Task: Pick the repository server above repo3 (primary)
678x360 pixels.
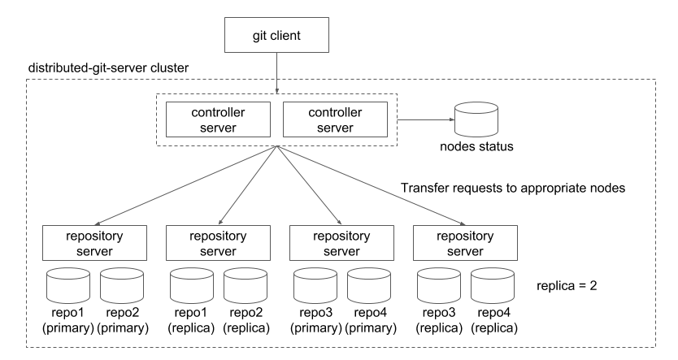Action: (343, 242)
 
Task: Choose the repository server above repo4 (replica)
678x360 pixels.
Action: (467, 242)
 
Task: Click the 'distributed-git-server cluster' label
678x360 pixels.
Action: (109, 67)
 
